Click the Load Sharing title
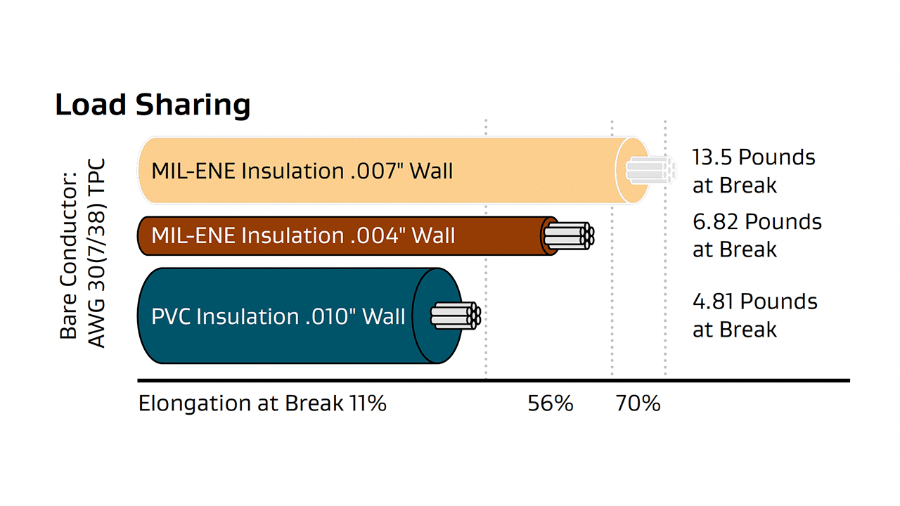click(x=153, y=105)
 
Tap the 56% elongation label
click(x=550, y=403)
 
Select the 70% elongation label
click(x=638, y=403)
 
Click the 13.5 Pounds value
click(x=754, y=157)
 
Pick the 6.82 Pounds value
click(x=757, y=221)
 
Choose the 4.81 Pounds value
click(x=755, y=301)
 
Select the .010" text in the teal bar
click(x=331, y=316)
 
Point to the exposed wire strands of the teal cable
click(x=456, y=316)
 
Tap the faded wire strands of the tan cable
click(x=651, y=170)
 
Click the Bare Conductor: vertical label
click(x=68, y=255)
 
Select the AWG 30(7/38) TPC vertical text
click(x=96, y=253)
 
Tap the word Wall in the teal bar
click(x=384, y=316)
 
